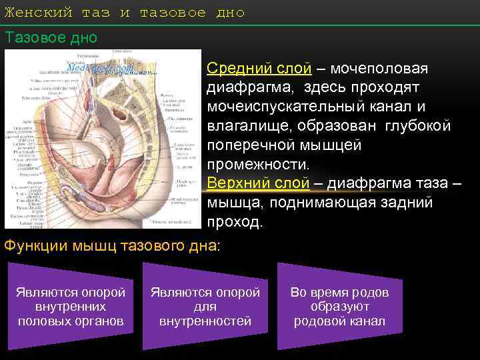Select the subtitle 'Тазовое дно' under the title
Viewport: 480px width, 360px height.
tap(51, 37)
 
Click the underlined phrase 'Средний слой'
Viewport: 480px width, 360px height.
tap(259, 69)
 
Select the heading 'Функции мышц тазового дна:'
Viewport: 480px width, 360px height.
tap(111, 246)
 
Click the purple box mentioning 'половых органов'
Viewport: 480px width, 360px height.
tap(71, 307)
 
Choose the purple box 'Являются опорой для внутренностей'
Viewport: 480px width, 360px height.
tap(205, 307)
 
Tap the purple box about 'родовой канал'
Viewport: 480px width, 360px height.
tap(339, 307)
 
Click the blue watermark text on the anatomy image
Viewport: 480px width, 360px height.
tap(100, 68)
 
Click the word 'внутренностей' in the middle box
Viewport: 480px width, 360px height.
tap(205, 321)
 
